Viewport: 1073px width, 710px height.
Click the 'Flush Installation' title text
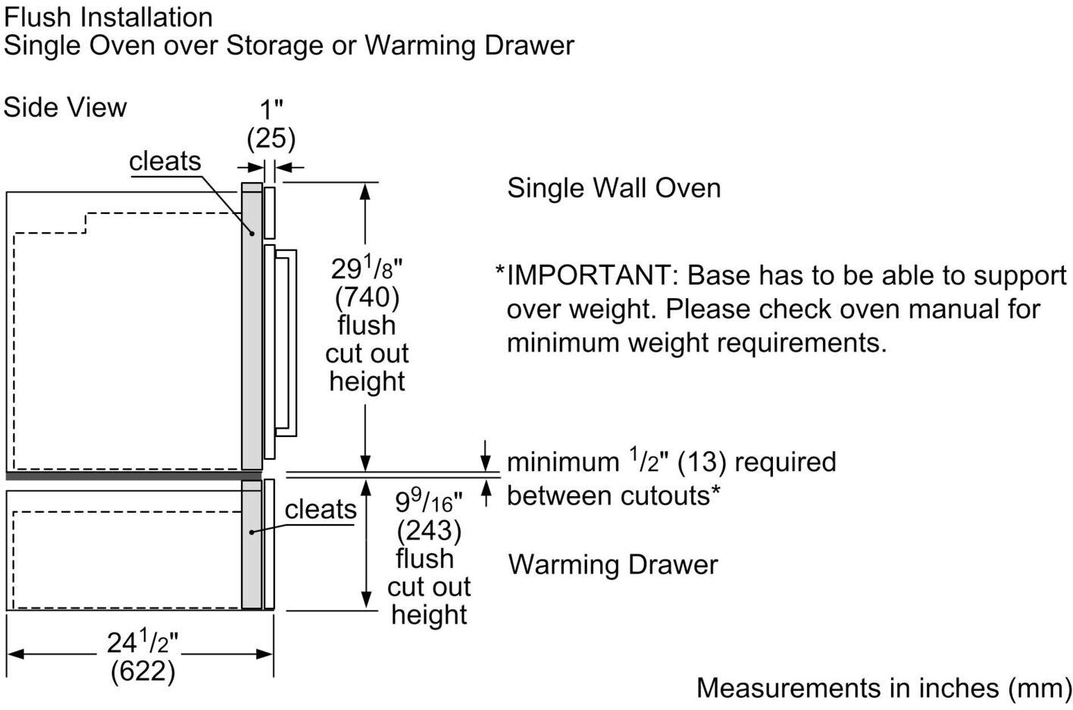coord(108,17)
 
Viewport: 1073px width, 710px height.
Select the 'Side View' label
coord(65,107)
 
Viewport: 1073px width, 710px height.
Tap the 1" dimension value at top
coord(271,109)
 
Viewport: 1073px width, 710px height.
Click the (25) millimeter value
coord(271,139)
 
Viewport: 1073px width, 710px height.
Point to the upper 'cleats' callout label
coord(164,161)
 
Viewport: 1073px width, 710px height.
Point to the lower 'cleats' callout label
coord(321,509)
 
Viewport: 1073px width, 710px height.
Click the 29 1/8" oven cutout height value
coord(366,269)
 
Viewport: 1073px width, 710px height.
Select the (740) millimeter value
coord(367,297)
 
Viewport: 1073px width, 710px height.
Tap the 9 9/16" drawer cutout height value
coord(428,501)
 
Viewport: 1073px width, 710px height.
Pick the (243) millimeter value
coord(429,529)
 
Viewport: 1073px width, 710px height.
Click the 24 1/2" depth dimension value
coord(142,642)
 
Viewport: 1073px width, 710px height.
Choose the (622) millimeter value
coord(142,671)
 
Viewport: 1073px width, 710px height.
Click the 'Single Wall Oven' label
coord(614,187)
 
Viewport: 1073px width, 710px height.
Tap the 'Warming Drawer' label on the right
coord(612,564)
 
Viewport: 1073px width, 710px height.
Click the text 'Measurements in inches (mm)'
coord(883,687)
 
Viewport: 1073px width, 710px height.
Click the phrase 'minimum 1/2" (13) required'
coord(671,461)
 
